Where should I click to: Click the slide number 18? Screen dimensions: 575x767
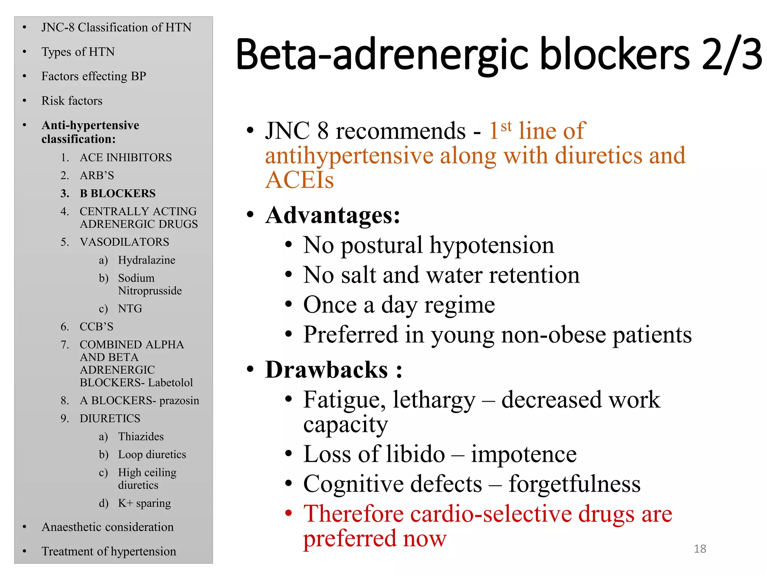(x=700, y=548)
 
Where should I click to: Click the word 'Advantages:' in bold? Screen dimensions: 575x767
(x=333, y=215)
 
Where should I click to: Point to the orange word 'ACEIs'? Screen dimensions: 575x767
(x=299, y=180)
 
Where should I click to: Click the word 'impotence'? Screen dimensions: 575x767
(x=524, y=454)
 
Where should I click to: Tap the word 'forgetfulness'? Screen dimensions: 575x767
(x=575, y=484)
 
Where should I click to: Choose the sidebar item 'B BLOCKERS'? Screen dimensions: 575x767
(x=118, y=194)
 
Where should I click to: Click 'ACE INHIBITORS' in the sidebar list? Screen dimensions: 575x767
(x=126, y=158)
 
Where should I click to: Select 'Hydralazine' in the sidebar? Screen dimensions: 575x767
(x=146, y=260)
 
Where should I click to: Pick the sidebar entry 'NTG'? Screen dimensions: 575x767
(x=130, y=308)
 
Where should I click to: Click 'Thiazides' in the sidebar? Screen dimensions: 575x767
(x=141, y=436)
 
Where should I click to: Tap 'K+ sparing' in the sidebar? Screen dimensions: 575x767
(x=144, y=503)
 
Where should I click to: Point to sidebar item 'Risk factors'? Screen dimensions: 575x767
(x=72, y=101)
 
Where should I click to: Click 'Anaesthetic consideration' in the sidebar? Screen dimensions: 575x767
(x=107, y=527)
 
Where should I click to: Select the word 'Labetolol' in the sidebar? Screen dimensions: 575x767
(x=170, y=383)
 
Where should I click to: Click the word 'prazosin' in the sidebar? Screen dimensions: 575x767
(x=179, y=401)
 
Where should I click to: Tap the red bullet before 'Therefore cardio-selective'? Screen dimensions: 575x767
(x=288, y=513)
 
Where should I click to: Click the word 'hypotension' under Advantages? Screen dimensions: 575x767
(x=491, y=245)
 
